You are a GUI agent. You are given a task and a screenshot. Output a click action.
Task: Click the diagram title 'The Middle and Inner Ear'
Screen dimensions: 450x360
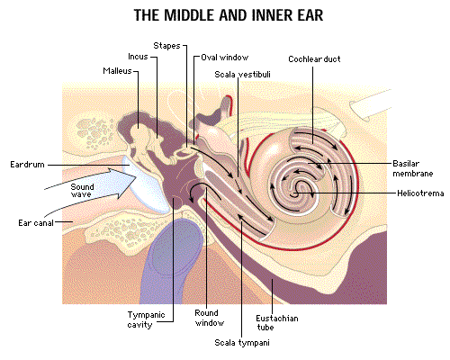click(229, 15)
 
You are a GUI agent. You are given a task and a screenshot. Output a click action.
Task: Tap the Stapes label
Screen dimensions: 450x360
click(166, 46)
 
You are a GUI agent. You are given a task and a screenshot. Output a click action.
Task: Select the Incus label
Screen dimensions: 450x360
click(138, 57)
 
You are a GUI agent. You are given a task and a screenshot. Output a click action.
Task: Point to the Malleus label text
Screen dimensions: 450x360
click(117, 71)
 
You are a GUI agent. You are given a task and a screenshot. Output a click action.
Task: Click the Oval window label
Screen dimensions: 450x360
click(224, 58)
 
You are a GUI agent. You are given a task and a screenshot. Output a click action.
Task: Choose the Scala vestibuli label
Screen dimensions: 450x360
click(242, 75)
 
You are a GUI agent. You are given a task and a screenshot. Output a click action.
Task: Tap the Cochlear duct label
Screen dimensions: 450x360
click(314, 59)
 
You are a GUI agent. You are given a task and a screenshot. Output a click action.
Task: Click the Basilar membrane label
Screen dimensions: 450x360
click(413, 168)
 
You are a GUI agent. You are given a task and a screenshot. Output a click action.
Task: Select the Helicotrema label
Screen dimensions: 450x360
click(420, 193)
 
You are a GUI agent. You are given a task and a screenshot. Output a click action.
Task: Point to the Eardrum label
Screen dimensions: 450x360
click(27, 165)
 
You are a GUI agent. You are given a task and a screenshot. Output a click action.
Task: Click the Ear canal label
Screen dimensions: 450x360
click(36, 223)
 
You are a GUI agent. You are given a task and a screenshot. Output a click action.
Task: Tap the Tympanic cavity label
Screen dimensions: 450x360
click(146, 319)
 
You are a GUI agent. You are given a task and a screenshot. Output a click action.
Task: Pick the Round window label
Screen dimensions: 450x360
click(210, 318)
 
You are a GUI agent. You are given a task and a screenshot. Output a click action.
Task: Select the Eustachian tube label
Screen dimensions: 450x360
click(277, 322)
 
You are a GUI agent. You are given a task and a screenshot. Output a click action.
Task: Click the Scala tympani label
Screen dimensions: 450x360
click(242, 343)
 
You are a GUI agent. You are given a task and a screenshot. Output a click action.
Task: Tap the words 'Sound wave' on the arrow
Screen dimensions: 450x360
click(82, 191)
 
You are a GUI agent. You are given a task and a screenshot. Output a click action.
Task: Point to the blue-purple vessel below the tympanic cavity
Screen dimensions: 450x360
click(171, 261)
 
